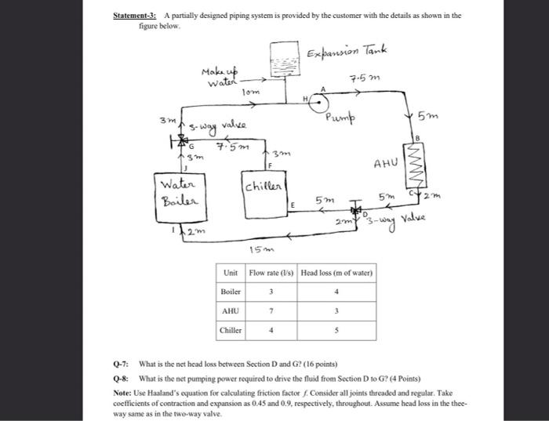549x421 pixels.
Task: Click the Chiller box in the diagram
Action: (261, 187)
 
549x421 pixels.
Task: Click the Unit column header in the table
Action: (230, 273)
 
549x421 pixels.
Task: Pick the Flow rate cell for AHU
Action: (271, 310)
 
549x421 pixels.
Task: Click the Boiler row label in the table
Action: (230, 292)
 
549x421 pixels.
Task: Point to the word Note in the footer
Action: (122, 392)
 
